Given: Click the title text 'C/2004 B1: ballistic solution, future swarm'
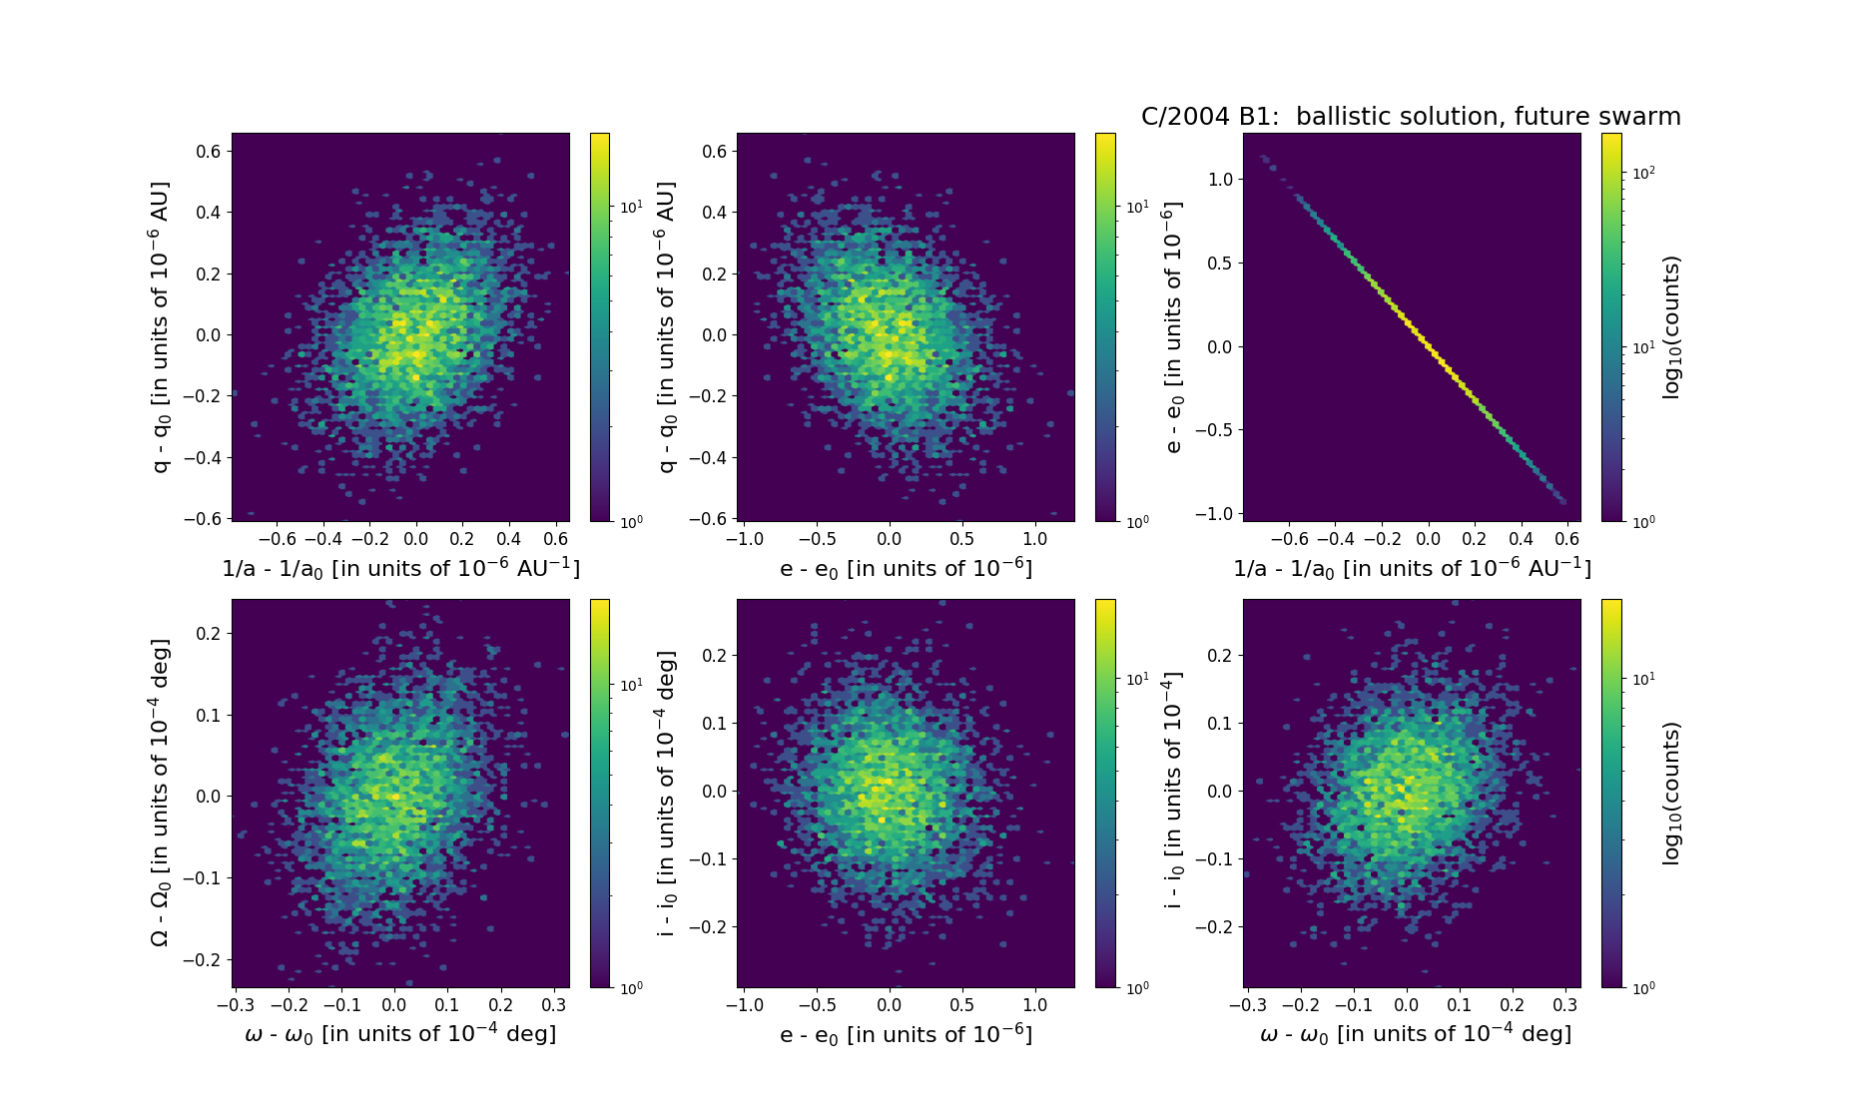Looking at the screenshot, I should (x=1410, y=117).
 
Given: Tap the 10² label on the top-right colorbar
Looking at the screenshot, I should (x=1643, y=173).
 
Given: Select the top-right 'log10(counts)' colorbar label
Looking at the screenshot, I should (x=1672, y=327).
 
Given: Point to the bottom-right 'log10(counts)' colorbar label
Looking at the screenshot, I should (x=1672, y=794).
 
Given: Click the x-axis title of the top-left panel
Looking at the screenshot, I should (x=400, y=568).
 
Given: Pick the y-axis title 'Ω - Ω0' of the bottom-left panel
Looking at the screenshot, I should (x=160, y=793).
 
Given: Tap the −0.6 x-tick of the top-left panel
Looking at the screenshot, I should (x=278, y=539).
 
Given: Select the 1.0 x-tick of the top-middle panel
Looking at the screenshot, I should (x=1035, y=539).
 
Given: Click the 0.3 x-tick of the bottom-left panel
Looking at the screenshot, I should (x=554, y=1005).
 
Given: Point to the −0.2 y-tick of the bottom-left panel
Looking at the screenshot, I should (x=203, y=960).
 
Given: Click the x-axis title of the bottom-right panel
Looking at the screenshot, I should (x=1416, y=1034).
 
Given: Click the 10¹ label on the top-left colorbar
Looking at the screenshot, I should (x=631, y=208).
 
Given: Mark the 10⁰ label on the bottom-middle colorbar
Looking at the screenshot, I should (x=1137, y=988).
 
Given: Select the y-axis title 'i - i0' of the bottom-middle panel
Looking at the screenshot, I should (x=667, y=794).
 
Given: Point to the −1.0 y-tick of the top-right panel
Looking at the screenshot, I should (x=1216, y=514).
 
